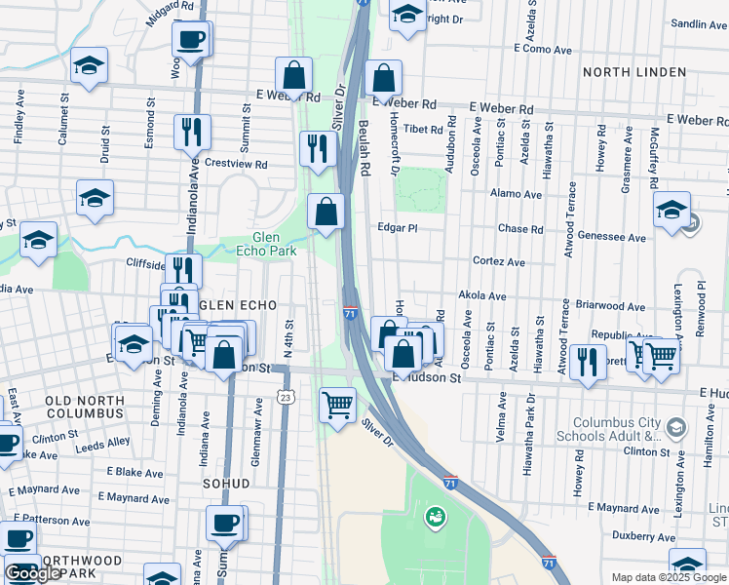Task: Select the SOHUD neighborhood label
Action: [x=225, y=484]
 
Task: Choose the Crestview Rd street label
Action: [x=234, y=164]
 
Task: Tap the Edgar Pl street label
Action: [x=398, y=228]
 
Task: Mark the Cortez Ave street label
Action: [x=498, y=262]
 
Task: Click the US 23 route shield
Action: [x=285, y=397]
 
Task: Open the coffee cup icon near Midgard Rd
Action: [x=190, y=40]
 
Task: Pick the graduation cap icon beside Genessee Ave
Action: [x=671, y=210]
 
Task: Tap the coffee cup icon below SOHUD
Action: [x=225, y=522]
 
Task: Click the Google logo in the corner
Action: [x=33, y=573]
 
